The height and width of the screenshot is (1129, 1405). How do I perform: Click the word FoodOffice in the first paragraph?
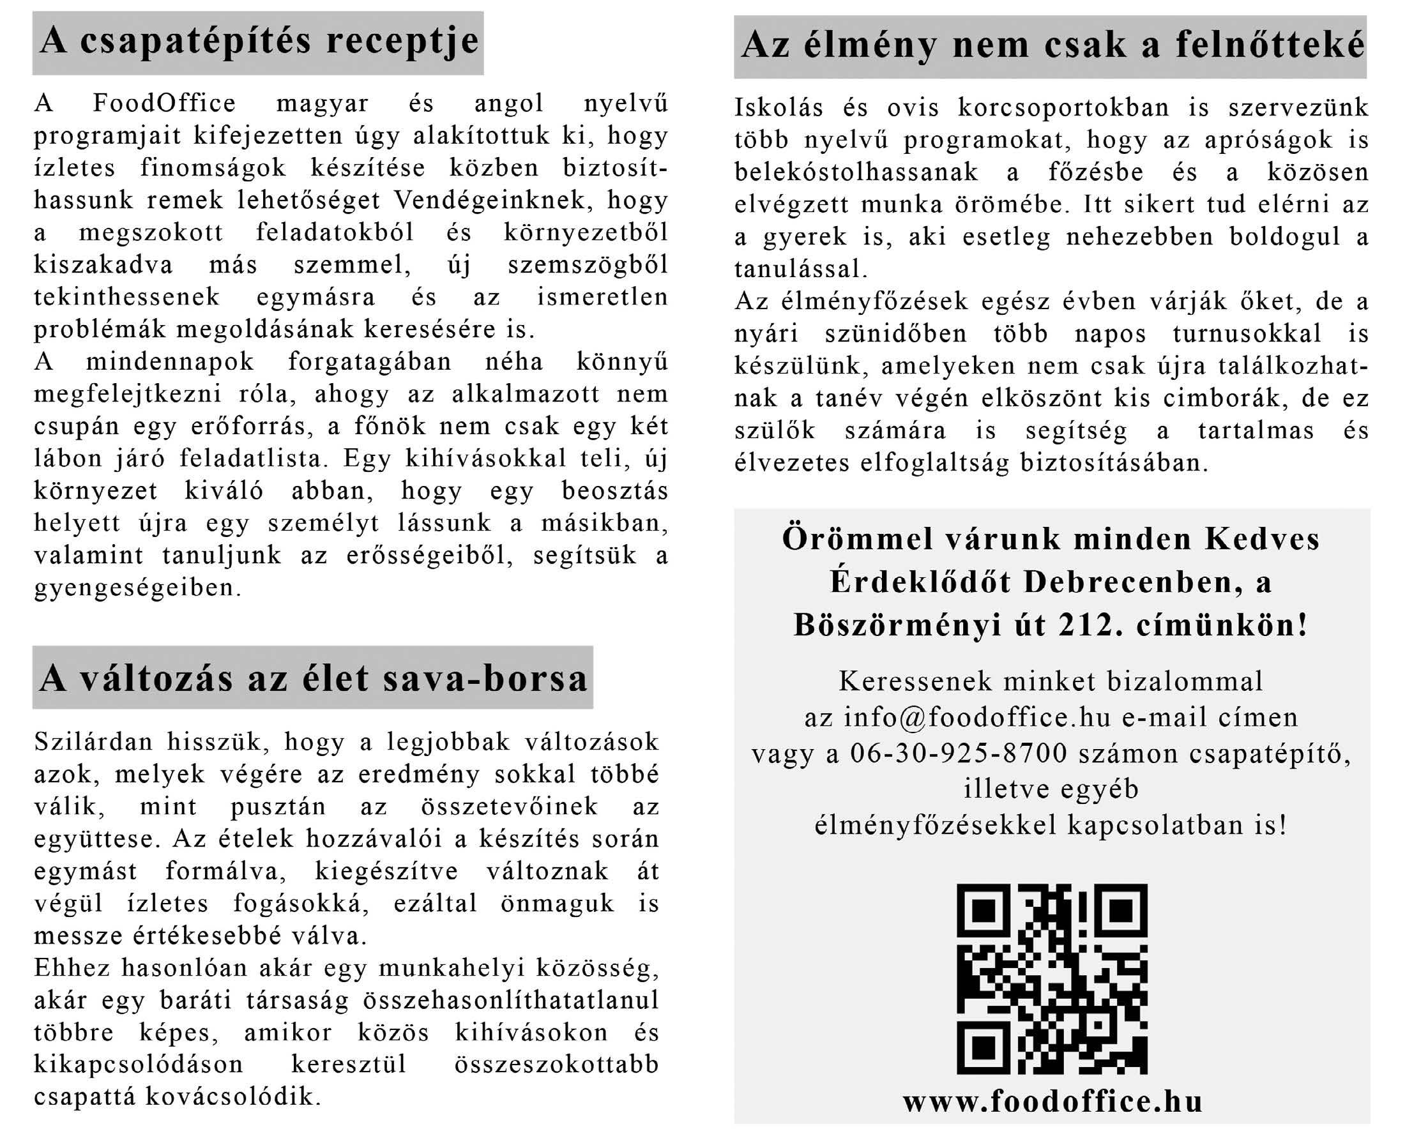(x=164, y=103)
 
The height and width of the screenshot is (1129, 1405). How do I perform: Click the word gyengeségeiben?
(x=137, y=587)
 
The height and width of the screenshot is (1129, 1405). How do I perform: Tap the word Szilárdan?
(x=93, y=742)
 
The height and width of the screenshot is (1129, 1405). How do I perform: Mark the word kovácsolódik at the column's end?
(x=233, y=1096)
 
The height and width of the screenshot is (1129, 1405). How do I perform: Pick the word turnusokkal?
(x=1247, y=333)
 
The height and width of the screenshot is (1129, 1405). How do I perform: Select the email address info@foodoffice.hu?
(x=977, y=717)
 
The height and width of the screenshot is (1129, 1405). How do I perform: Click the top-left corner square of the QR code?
(x=983, y=910)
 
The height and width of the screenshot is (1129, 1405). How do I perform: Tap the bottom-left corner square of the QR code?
(x=983, y=1048)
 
